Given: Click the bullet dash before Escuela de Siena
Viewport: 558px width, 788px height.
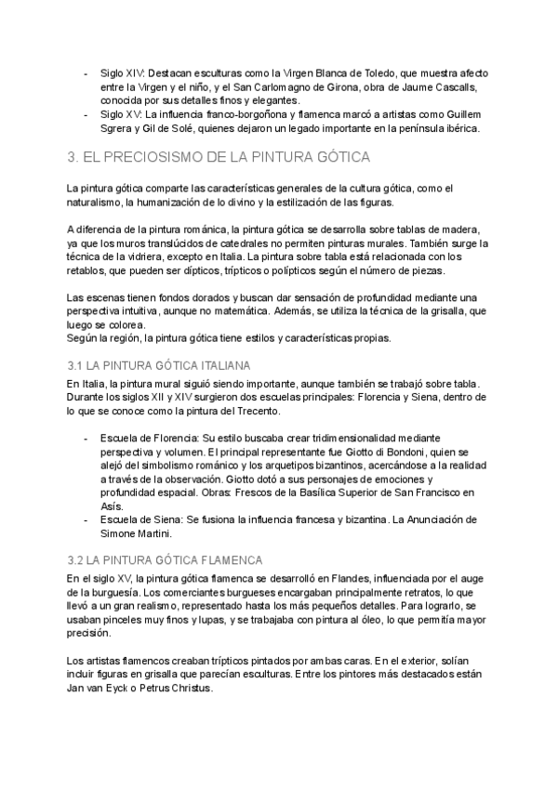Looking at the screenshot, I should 86,519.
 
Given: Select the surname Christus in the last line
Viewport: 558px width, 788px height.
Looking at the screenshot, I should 192,689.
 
